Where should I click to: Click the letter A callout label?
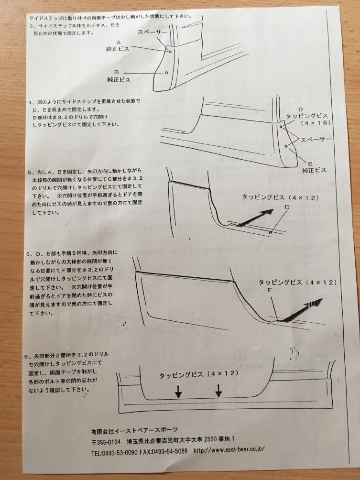(119, 43)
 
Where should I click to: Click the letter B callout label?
(117, 72)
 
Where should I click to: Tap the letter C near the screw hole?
(287, 207)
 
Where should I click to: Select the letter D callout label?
(300, 109)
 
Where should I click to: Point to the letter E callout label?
(310, 164)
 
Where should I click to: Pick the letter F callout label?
(270, 290)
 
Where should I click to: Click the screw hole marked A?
(170, 52)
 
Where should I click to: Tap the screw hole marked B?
(166, 73)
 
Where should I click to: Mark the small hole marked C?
(270, 233)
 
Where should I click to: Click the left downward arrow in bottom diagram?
(178, 392)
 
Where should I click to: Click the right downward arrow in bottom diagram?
(218, 391)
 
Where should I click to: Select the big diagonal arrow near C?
(255, 218)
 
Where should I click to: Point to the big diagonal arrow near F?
(302, 309)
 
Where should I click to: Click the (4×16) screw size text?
(316, 123)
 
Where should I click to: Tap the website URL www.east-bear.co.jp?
(229, 449)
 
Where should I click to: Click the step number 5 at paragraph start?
(29, 172)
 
